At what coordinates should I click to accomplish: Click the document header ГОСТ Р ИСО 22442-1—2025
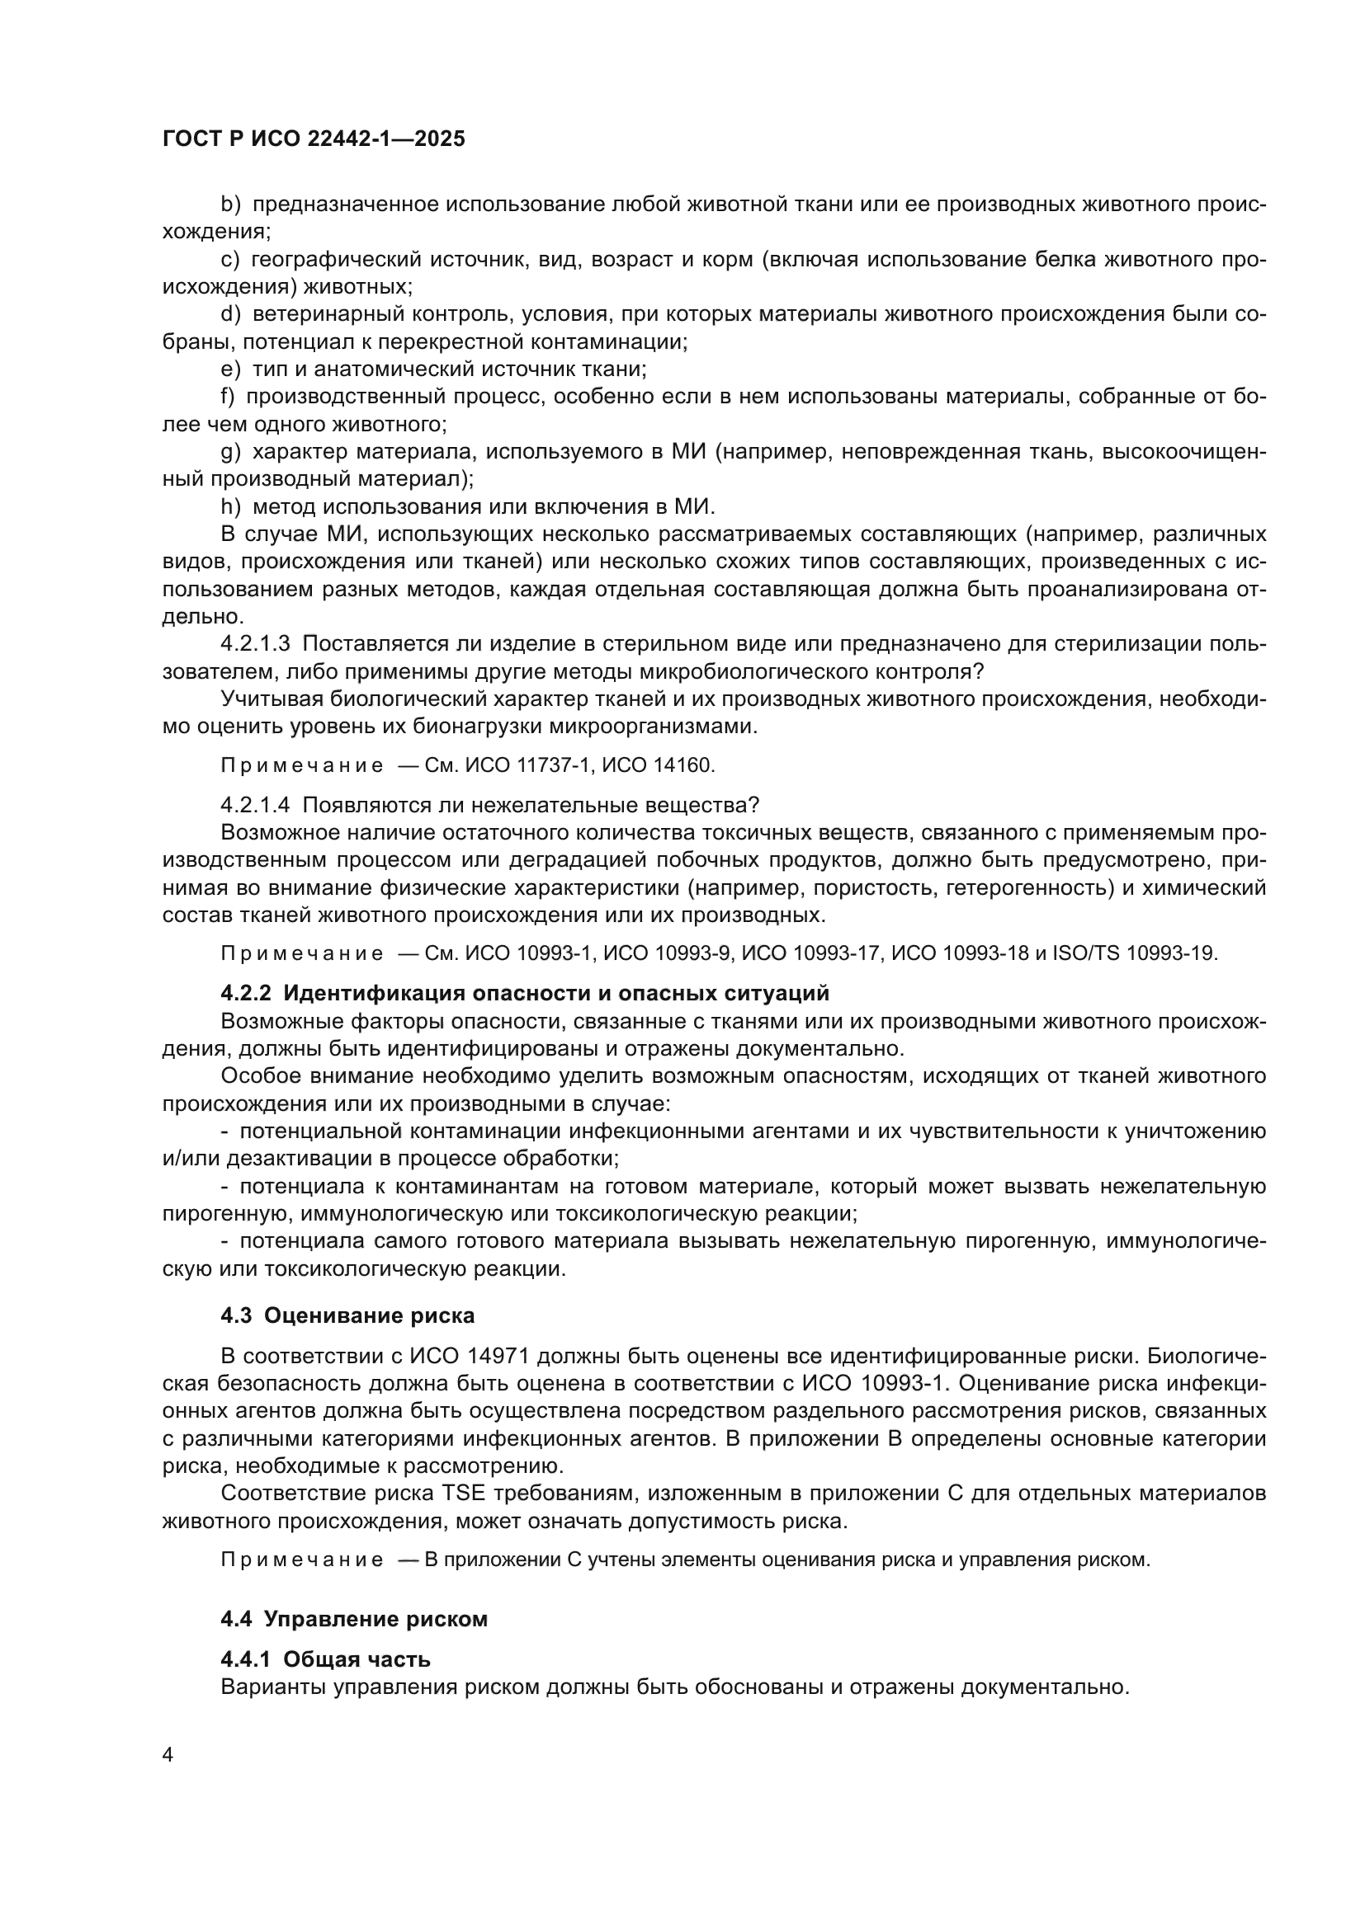314,139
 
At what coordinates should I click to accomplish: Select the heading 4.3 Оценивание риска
347,1315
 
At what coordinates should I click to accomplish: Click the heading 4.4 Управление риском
354,1619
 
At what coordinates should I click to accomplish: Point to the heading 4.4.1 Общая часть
325,1659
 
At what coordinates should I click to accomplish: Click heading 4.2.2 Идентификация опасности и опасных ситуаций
525,993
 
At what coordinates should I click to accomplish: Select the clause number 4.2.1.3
255,643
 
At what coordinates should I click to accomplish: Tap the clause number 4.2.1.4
255,805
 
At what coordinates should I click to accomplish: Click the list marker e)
230,369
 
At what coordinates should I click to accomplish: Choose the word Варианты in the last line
273,1687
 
